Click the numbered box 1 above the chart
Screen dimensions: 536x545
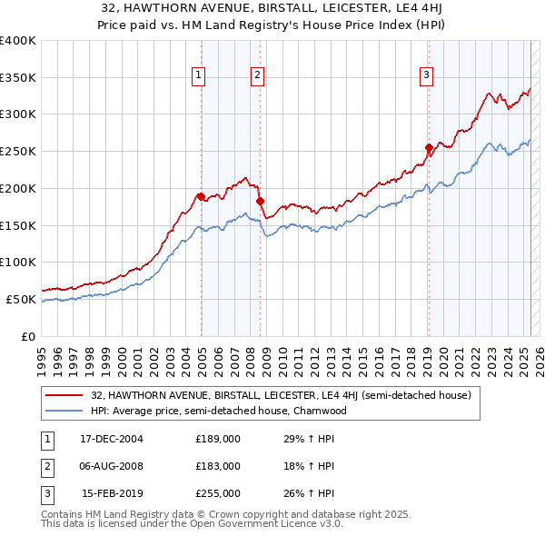(x=197, y=75)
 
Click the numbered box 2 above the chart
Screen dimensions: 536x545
(x=258, y=75)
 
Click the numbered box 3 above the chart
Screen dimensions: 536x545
(x=426, y=75)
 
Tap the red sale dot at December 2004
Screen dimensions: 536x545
(x=201, y=196)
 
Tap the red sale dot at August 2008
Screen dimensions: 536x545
(x=260, y=201)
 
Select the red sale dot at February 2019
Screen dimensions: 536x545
(x=429, y=147)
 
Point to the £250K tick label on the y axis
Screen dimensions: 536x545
(x=18, y=152)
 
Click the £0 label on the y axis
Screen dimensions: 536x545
(x=28, y=336)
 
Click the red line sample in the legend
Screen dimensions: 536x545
(x=64, y=396)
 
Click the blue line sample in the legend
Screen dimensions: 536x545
(x=64, y=411)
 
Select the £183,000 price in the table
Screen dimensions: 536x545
(x=218, y=466)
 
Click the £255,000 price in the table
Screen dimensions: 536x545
(x=218, y=493)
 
